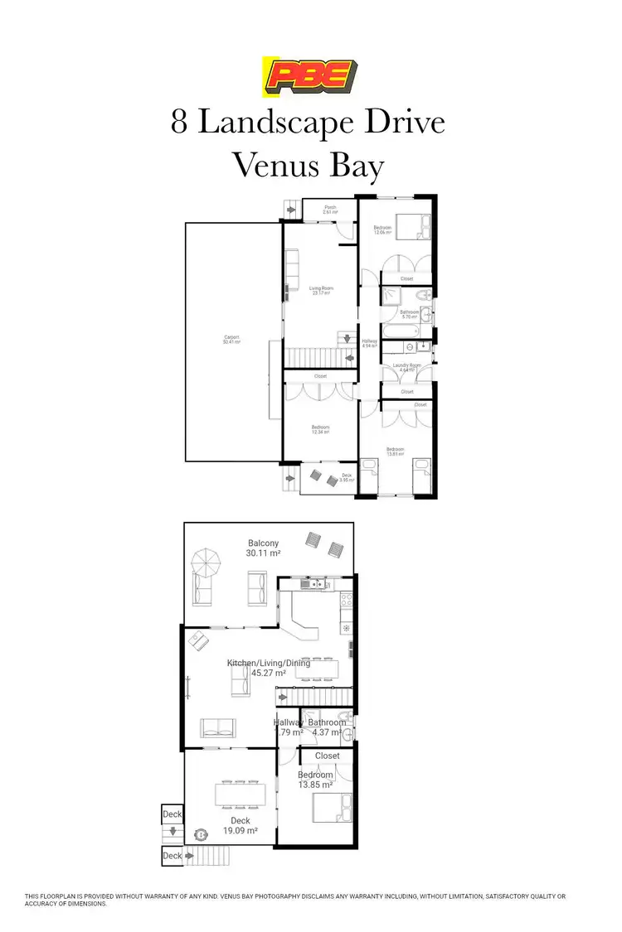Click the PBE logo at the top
[x=310, y=76]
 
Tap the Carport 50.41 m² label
[x=232, y=340]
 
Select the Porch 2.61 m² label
[x=330, y=210]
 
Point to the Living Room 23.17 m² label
[x=320, y=290]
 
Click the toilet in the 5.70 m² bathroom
[x=425, y=296]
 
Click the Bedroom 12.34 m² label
[x=320, y=430]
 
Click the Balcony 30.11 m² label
[x=263, y=548]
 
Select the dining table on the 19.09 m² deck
[x=240, y=794]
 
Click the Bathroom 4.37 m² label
[x=327, y=727]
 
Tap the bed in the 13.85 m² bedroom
[x=331, y=807]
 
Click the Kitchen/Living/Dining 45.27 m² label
[x=269, y=668]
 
